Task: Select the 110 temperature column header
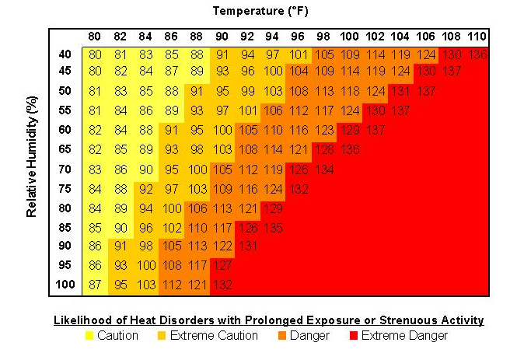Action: (477, 37)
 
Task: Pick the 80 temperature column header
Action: (95, 37)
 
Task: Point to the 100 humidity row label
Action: (66, 285)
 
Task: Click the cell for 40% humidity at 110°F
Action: (477, 54)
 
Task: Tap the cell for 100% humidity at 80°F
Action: (95, 285)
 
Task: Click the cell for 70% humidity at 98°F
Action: (325, 170)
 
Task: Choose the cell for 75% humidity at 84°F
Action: (146, 188)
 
